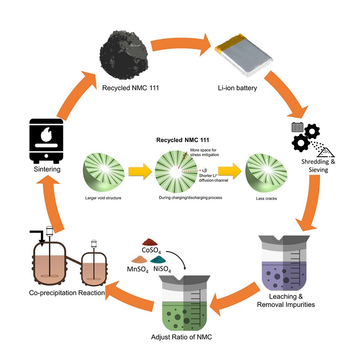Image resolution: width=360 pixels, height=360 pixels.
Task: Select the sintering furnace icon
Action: (x=46, y=141)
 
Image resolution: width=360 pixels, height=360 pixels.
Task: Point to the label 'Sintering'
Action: (x=46, y=170)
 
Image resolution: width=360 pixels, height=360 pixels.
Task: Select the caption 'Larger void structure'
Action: (x=102, y=198)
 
